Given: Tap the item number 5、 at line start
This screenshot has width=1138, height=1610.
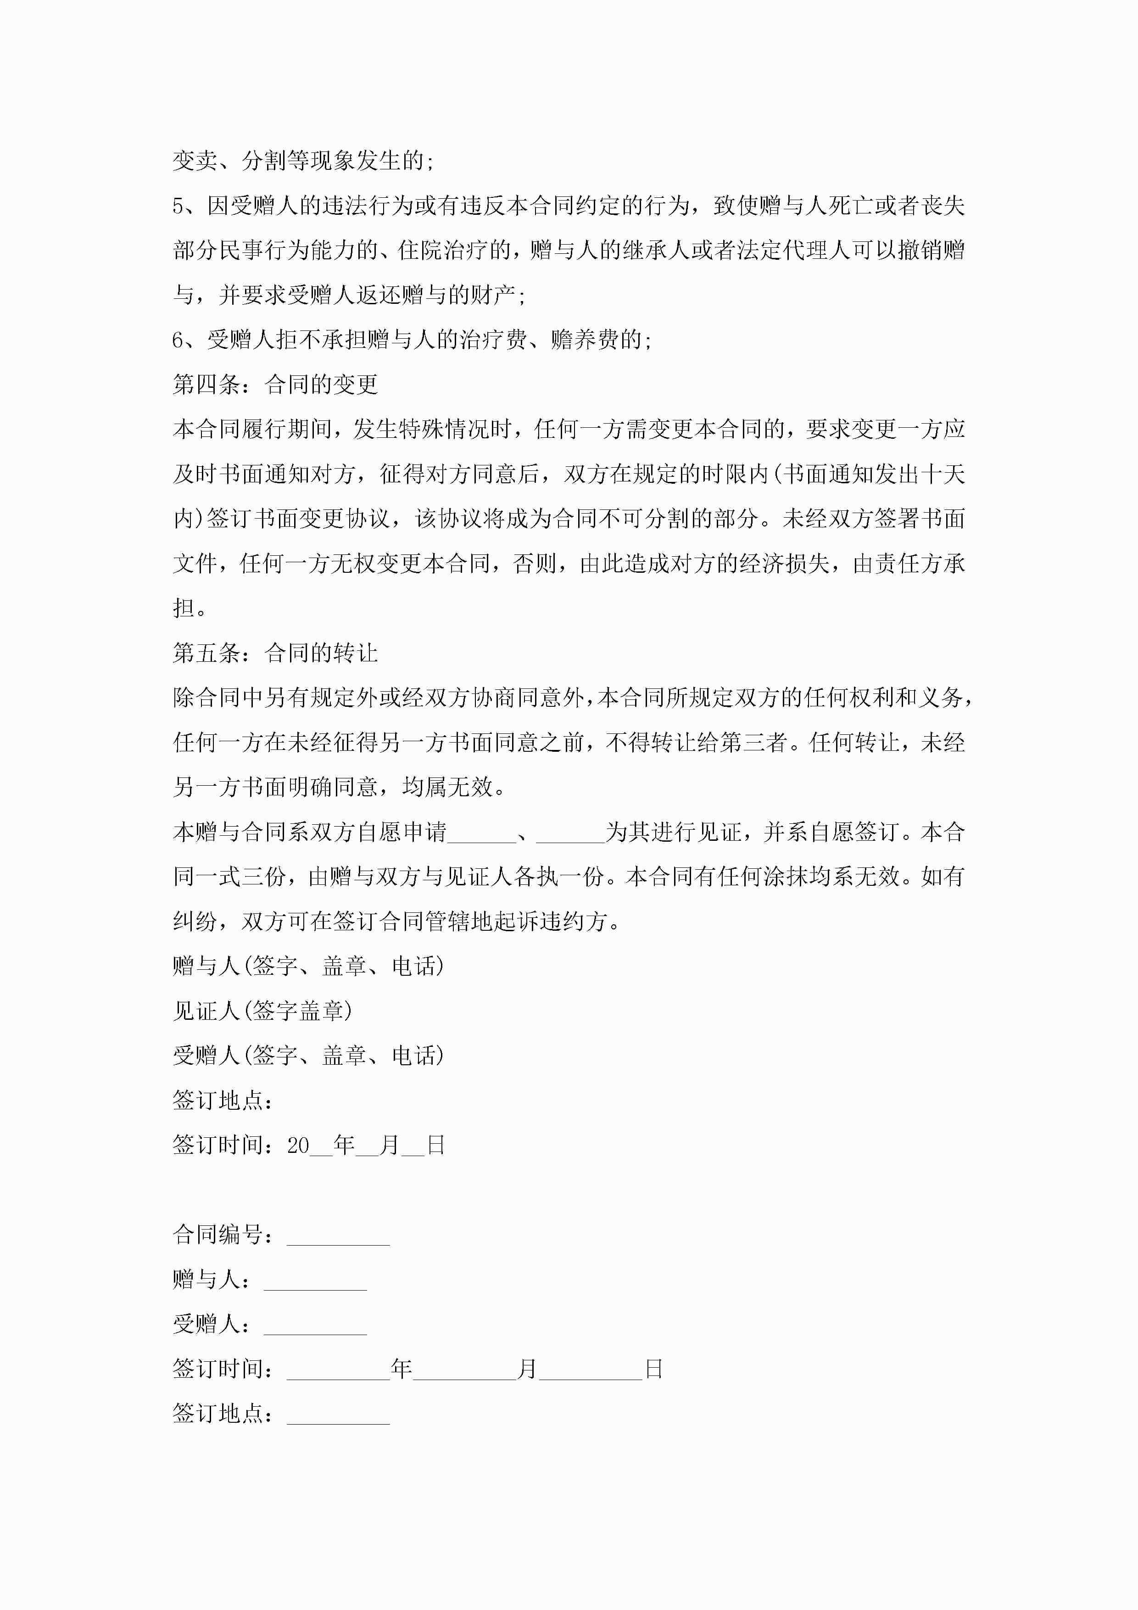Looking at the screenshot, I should [186, 206].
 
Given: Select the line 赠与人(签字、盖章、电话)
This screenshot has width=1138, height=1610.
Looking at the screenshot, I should [308, 966].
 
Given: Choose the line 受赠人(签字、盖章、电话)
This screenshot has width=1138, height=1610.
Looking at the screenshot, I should [308, 1056].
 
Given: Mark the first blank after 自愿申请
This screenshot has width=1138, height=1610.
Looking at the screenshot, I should [482, 833].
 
